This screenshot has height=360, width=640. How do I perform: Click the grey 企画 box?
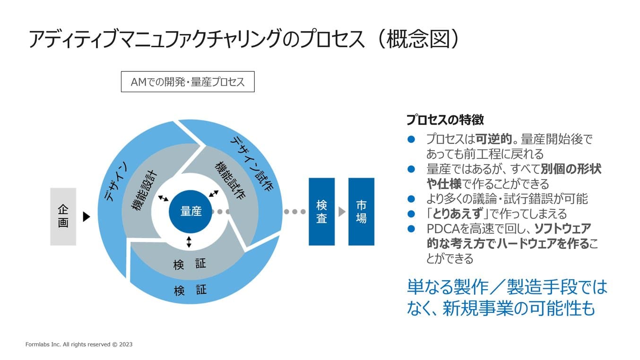[63, 216]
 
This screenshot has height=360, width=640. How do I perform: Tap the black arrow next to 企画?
[86, 216]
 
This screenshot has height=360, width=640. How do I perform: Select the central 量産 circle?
[191, 212]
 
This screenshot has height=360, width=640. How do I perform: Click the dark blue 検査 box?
[321, 212]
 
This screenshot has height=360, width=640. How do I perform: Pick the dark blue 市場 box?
[361, 212]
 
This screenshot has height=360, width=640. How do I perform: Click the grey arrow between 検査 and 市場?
[342, 212]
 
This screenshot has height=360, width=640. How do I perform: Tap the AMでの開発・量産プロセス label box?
[188, 82]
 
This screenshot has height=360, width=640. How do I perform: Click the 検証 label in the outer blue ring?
[190, 290]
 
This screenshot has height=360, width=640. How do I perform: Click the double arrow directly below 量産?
[189, 242]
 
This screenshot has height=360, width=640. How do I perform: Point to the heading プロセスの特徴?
[445, 120]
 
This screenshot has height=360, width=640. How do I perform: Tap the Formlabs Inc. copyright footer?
[79, 344]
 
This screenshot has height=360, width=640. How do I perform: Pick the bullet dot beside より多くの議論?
[411, 199]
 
